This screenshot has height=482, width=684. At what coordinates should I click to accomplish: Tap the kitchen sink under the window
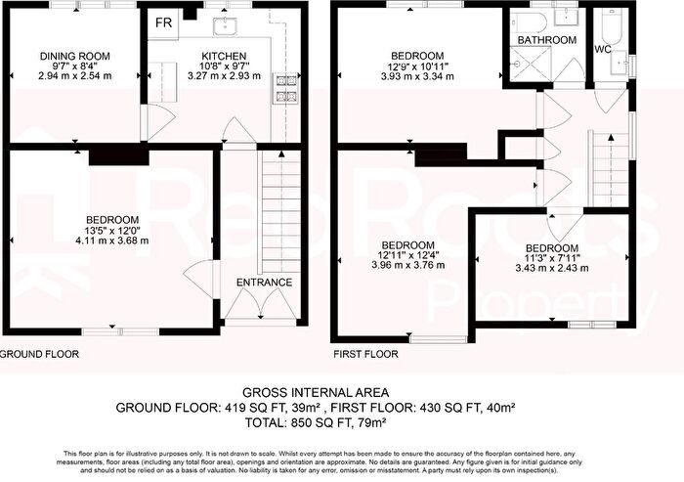click(x=211, y=22)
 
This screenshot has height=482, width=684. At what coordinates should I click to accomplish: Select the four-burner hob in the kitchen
click(x=287, y=89)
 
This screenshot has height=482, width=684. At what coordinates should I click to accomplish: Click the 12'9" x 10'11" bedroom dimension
click(x=417, y=66)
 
